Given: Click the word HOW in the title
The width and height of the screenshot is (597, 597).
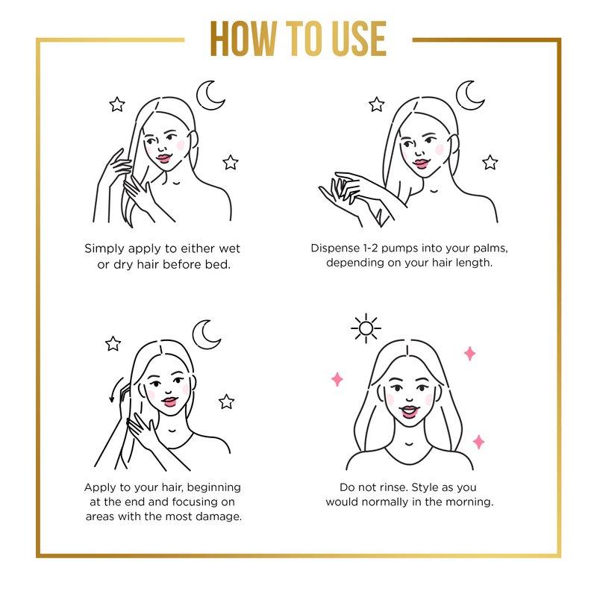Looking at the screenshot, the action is coord(243,39).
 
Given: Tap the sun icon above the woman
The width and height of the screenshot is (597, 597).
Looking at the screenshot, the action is coord(366,328).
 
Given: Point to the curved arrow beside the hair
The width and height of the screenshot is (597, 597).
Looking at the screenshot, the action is coord(115,390).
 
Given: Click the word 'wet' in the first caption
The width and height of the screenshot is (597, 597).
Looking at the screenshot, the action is coord(229,249).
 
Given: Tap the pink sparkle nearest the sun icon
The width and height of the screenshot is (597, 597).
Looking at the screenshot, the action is coord(470,353).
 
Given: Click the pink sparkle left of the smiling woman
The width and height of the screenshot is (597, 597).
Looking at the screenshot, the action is coord(337,379).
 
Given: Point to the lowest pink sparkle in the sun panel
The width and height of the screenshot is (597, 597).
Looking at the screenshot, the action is coord(478,442).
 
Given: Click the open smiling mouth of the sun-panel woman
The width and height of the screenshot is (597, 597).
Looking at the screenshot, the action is coord(409,412).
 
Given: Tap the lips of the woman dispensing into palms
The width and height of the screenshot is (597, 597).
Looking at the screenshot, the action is coord(421,163).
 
